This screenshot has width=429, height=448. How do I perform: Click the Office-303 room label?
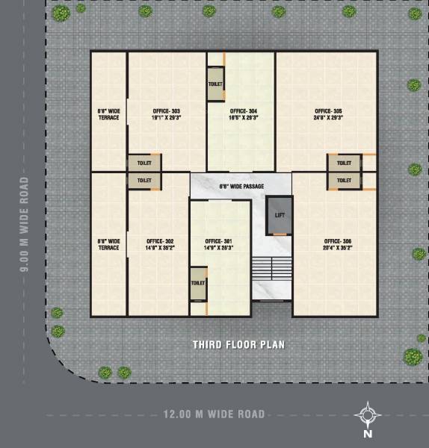tap(166, 114)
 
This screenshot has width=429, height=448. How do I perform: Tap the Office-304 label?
tap(244, 114)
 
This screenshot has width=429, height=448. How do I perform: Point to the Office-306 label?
tap(337, 244)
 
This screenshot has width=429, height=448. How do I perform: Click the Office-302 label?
tap(160, 244)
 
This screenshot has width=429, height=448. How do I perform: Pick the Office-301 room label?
tap(219, 244)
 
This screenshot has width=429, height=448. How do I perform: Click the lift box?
tap(280, 214)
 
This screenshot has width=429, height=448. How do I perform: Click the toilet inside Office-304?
tap(216, 84)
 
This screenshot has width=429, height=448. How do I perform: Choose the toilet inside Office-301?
tap(198, 284)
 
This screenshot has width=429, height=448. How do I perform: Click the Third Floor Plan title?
tap(238, 345)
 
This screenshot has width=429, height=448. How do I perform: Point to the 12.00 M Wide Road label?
tap(214, 413)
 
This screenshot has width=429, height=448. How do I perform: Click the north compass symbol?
tap(368, 413)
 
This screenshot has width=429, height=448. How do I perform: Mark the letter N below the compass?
tap(368, 433)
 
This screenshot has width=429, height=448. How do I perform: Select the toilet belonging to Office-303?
tap(144, 163)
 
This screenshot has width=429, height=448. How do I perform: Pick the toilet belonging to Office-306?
tap(344, 180)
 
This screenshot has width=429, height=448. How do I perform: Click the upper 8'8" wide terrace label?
tap(108, 114)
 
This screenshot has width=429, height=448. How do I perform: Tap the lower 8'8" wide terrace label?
tap(108, 244)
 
